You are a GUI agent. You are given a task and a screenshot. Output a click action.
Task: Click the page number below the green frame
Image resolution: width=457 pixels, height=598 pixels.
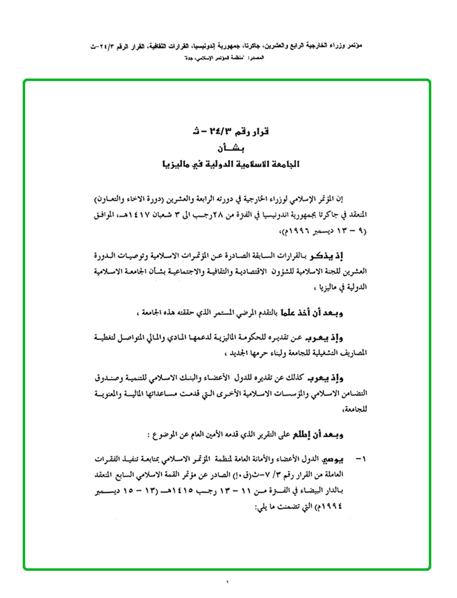228,583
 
